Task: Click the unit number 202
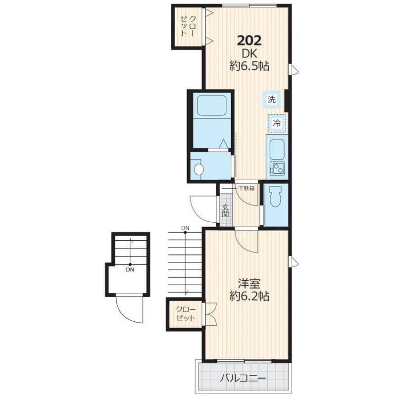click(249, 41)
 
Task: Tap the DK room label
click(249, 53)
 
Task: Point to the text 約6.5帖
click(249, 66)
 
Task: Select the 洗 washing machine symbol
click(271, 99)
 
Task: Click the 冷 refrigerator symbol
click(277, 123)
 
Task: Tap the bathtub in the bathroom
click(211, 105)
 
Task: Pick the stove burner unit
click(277, 168)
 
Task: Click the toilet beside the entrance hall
click(275, 197)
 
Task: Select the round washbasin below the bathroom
click(199, 169)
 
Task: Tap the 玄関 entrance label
click(226, 211)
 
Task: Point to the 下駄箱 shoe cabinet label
click(247, 188)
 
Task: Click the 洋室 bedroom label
click(249, 284)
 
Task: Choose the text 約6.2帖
click(249, 296)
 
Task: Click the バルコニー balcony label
click(243, 378)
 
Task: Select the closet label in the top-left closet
click(188, 26)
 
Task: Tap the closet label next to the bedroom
click(186, 313)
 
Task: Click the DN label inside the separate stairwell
click(130, 270)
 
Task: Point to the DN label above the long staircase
click(185, 228)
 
